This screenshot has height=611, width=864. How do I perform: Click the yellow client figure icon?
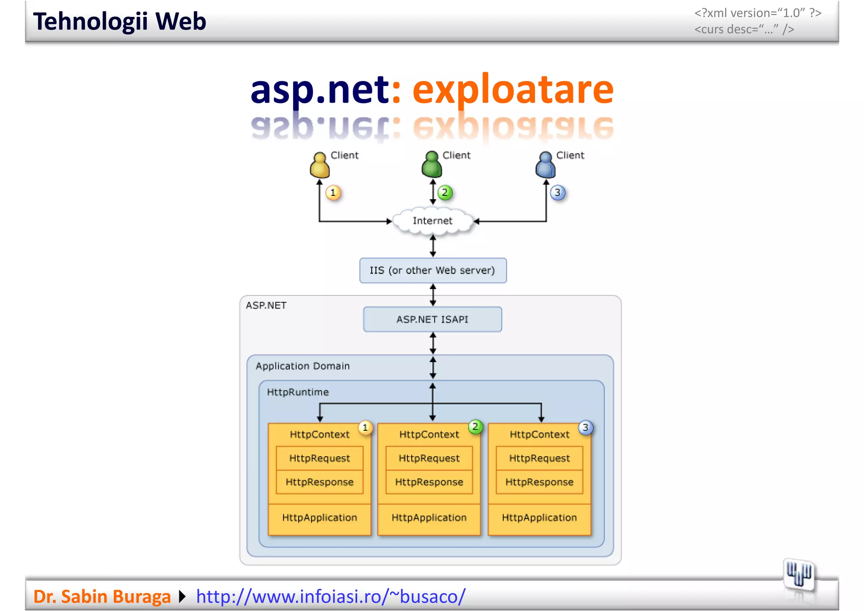[x=319, y=165]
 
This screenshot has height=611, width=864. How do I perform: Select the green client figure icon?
[x=432, y=165]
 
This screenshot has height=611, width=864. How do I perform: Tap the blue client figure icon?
[x=545, y=165]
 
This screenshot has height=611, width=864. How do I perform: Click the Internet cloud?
[x=432, y=221]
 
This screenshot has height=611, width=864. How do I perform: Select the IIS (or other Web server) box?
[x=433, y=270]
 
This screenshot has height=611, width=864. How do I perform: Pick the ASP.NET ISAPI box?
[x=432, y=319]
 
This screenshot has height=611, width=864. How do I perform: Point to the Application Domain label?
[x=302, y=366]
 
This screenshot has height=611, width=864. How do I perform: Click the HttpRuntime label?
[x=298, y=392]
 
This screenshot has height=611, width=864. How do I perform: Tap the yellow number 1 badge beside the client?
[x=333, y=193]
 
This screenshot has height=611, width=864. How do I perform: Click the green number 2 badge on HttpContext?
[x=475, y=427]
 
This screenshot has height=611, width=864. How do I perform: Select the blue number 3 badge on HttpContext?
[x=586, y=427]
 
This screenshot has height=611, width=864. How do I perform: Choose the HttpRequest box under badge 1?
[x=320, y=458]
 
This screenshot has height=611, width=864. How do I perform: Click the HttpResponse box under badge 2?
[x=429, y=482]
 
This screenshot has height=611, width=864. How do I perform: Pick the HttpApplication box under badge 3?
[x=539, y=518]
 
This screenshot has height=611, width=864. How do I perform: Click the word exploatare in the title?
[x=513, y=89]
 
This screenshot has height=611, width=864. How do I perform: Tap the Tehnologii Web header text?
[x=119, y=22]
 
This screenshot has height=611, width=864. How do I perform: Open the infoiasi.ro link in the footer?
[x=331, y=596]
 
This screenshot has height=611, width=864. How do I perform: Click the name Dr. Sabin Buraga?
[x=102, y=596]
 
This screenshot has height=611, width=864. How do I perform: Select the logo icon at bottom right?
[x=799, y=574]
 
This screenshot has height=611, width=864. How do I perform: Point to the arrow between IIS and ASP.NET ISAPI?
[x=433, y=295]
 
